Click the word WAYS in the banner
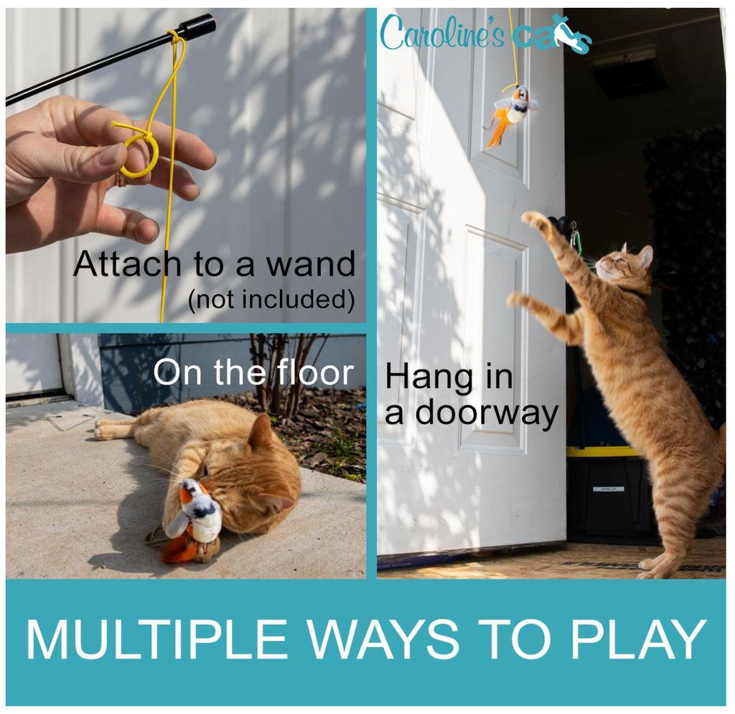tap(388, 639)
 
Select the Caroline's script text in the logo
tap(441, 33)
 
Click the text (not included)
tap(271, 300)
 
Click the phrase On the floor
tap(253, 373)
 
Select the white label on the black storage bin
tap(608, 489)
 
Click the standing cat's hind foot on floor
tap(655, 567)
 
